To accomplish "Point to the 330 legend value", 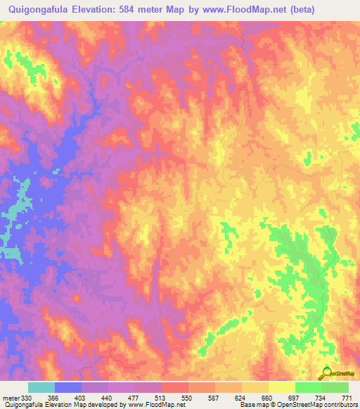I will click(27, 398).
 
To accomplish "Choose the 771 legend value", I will click(346, 398).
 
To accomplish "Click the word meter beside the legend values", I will click(11, 398).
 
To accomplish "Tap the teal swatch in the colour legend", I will click(41, 387).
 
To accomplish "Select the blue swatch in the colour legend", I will click(68, 387).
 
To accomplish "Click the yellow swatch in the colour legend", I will click(255, 387).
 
